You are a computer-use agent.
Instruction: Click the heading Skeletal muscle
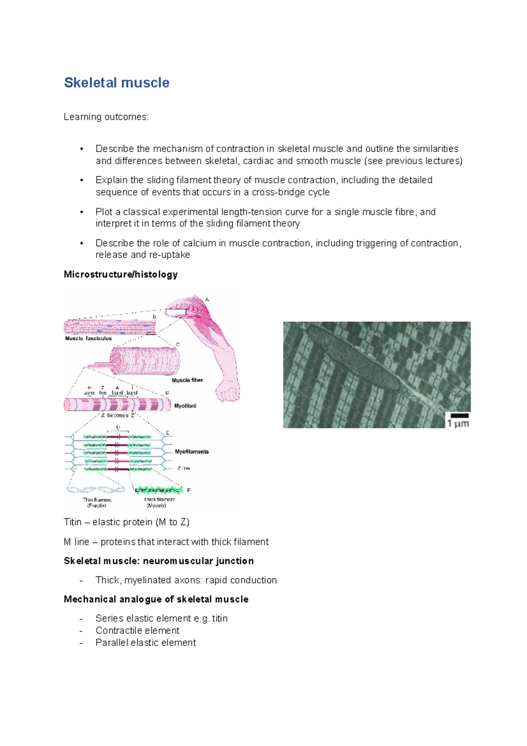pyautogui.click(x=116, y=83)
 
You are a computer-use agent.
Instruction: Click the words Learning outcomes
pyautogui.click(x=106, y=117)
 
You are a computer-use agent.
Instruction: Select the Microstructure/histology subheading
pyautogui.click(x=120, y=275)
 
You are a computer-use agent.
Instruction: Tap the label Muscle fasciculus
pyautogui.click(x=88, y=339)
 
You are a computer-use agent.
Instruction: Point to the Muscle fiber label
pyautogui.click(x=187, y=380)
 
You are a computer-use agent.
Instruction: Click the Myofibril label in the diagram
pyautogui.click(x=185, y=406)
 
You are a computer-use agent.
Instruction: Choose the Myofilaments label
pyautogui.click(x=191, y=452)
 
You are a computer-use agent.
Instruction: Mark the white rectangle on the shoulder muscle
pyautogui.click(x=176, y=312)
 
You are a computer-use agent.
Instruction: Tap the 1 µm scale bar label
pyautogui.click(x=458, y=424)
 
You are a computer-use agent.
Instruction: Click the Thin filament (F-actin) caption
pyautogui.click(x=97, y=503)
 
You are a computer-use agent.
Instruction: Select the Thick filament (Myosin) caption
pyautogui.click(x=159, y=503)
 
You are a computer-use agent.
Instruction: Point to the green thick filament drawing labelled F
pyautogui.click(x=158, y=490)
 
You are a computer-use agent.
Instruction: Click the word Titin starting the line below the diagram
pyautogui.click(x=72, y=522)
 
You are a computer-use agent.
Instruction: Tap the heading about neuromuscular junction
pyautogui.click(x=159, y=561)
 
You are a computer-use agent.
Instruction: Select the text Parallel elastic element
pyautogui.click(x=145, y=643)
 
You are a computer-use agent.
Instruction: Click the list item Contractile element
pyautogui.click(x=137, y=630)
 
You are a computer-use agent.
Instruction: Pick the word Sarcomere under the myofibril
pyautogui.click(x=118, y=415)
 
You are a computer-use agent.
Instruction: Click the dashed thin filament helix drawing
pyautogui.click(x=96, y=489)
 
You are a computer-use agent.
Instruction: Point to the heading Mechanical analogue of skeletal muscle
pyautogui.click(x=156, y=599)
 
